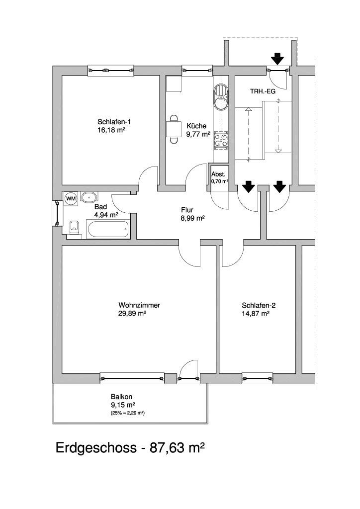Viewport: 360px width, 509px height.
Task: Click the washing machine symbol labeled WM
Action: click(71, 198)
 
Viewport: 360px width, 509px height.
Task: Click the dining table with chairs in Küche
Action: click(173, 129)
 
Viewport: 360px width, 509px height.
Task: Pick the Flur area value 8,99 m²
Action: click(193, 218)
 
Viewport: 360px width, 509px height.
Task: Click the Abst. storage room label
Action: click(218, 174)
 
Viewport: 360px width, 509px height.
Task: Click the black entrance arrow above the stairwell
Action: click(277, 59)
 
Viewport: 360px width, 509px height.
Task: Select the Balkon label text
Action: click(121, 397)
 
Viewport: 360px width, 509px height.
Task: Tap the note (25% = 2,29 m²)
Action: click(124, 413)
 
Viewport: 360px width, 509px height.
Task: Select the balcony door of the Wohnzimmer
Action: click(189, 378)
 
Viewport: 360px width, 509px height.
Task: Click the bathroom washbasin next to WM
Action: click(90, 197)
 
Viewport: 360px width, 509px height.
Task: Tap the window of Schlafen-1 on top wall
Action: click(110, 71)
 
